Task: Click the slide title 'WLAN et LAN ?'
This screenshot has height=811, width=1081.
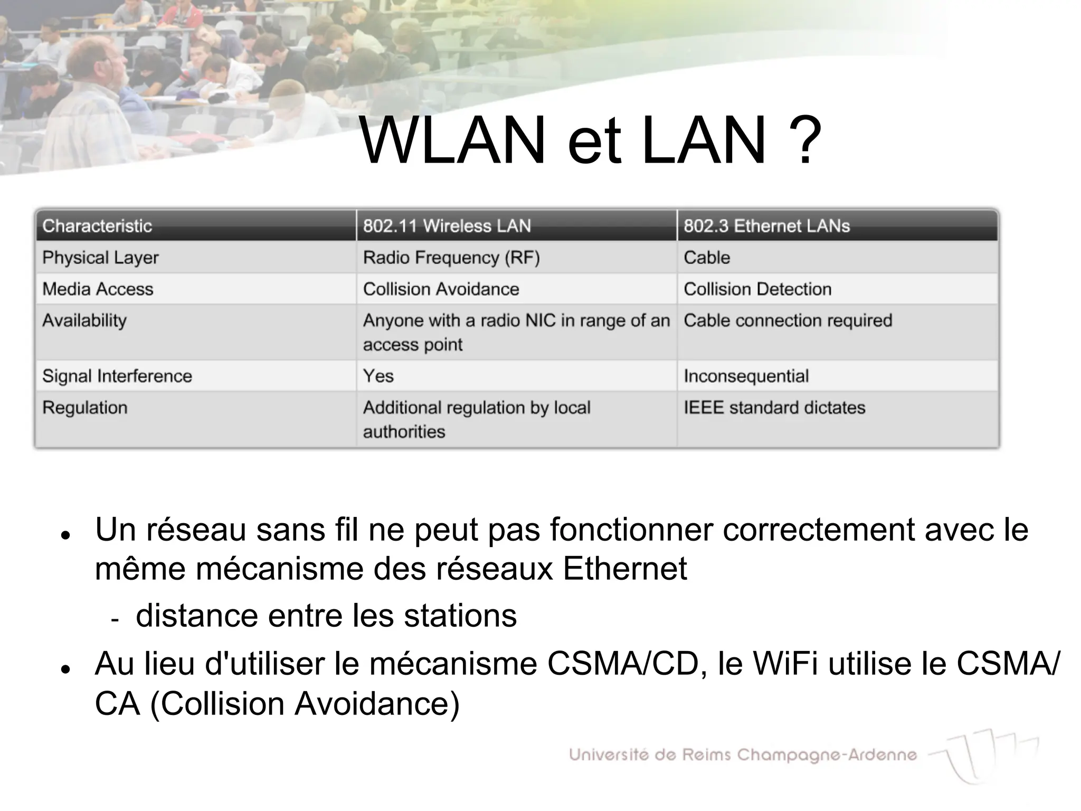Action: click(x=589, y=140)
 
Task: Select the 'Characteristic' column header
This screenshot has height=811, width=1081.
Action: click(x=97, y=226)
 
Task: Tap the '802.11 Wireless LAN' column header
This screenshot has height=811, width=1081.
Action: click(x=447, y=226)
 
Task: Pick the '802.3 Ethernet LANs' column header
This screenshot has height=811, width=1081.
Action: click(x=766, y=226)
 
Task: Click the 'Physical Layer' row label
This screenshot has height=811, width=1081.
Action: click(x=100, y=258)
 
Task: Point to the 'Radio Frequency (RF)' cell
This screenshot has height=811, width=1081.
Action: click(x=451, y=258)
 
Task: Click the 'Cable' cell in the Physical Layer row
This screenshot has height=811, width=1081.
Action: click(x=707, y=258)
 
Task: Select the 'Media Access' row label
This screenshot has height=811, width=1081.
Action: click(x=98, y=289)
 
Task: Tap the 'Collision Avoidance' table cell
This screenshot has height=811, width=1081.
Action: click(x=441, y=289)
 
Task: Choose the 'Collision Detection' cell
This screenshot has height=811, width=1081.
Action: click(x=757, y=289)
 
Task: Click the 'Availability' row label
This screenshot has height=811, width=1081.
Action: click(x=84, y=320)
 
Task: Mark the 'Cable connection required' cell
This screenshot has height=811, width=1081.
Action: click(x=788, y=320)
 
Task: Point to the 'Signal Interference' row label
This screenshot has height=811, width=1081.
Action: click(x=117, y=376)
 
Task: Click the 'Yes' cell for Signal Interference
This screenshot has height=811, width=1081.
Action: click(x=378, y=376)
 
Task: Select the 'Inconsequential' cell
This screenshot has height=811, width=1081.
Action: click(x=746, y=376)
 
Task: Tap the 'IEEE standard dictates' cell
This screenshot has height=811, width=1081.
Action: click(x=774, y=408)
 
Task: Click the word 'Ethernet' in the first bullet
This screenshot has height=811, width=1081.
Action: click(x=625, y=569)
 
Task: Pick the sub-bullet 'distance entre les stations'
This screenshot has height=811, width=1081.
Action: click(x=326, y=616)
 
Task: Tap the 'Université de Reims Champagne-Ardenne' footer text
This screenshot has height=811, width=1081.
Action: click(x=743, y=755)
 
